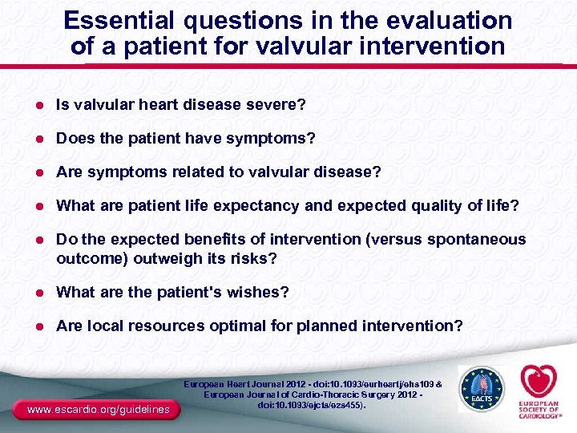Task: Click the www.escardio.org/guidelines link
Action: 97,410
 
